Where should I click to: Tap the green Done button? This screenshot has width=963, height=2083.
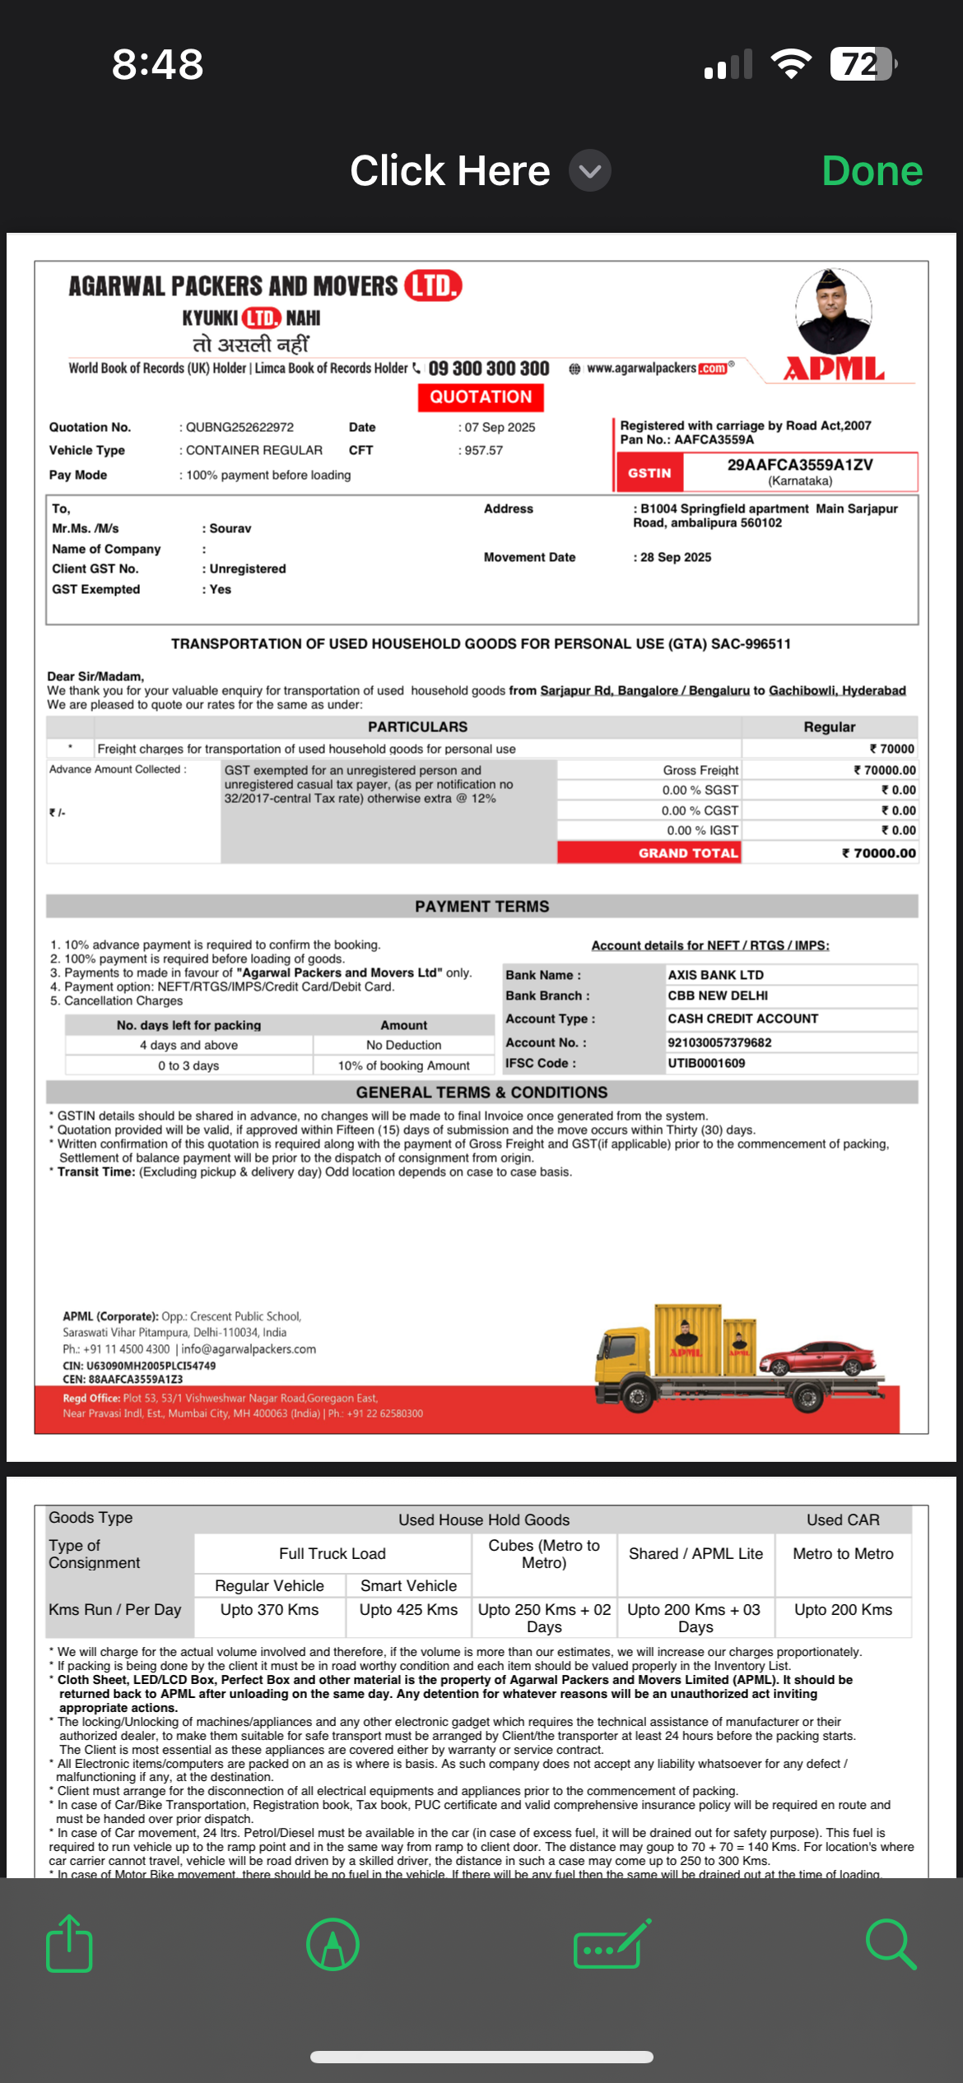(x=872, y=171)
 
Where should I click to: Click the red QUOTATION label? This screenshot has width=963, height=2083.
(x=481, y=397)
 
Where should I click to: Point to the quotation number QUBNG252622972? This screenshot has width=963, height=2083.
(x=240, y=428)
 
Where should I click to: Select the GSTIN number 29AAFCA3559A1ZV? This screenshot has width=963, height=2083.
(x=799, y=465)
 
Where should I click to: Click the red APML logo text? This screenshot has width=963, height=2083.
(x=834, y=369)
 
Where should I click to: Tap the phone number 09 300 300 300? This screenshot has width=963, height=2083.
(x=488, y=369)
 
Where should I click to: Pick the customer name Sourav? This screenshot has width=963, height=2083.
(x=230, y=529)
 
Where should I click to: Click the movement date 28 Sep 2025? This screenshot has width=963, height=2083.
(x=676, y=558)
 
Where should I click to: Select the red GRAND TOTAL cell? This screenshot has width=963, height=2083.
(x=649, y=853)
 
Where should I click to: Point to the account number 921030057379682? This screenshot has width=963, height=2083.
(x=719, y=1043)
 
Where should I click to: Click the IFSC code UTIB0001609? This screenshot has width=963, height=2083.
(x=706, y=1064)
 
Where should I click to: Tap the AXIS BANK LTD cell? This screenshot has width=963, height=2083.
(x=715, y=975)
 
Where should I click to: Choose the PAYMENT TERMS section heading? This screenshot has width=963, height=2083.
(x=481, y=907)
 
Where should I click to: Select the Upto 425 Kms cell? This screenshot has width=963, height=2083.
(x=408, y=1610)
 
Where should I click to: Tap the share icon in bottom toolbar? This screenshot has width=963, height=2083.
(x=69, y=1945)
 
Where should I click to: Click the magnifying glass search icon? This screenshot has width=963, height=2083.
(x=891, y=1945)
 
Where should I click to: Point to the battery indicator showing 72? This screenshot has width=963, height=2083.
(x=862, y=64)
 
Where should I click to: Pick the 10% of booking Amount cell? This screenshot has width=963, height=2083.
(x=403, y=1066)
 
